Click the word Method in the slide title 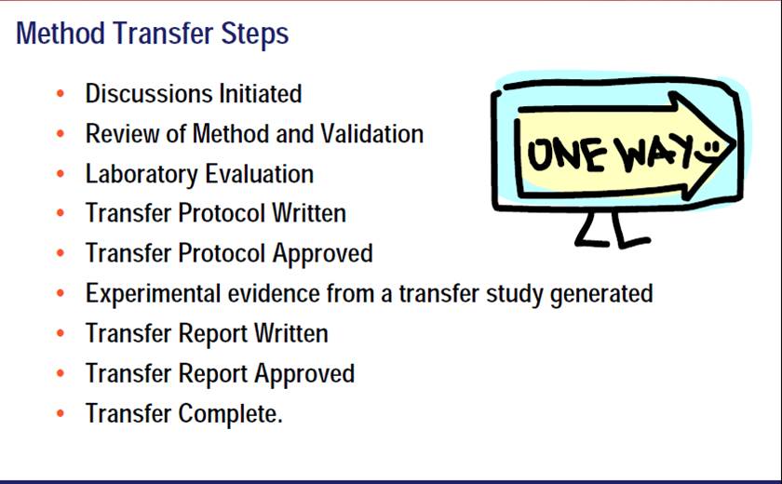(x=61, y=34)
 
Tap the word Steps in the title (x=254, y=34)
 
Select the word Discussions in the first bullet (x=149, y=93)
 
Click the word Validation (x=371, y=134)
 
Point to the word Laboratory (x=142, y=174)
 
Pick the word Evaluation (x=260, y=173)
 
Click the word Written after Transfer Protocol (x=309, y=213)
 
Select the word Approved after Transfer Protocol (x=322, y=254)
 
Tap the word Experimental (x=153, y=294)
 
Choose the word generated (x=601, y=294)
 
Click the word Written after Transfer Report (x=290, y=333)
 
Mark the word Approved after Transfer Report (x=304, y=374)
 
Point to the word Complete (x=231, y=414)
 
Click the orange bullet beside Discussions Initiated (x=61, y=93)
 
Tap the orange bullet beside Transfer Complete (x=61, y=413)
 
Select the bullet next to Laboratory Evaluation (x=61, y=173)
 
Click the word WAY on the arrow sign (x=654, y=152)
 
